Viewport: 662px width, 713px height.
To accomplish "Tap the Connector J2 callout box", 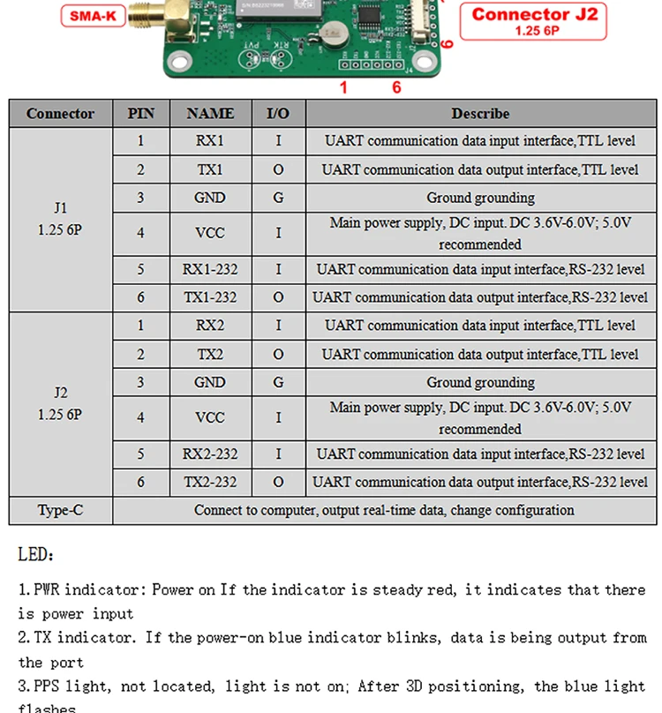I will coord(533,19).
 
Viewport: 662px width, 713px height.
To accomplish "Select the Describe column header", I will coord(480,114).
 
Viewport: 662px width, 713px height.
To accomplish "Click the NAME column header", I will coord(210,114).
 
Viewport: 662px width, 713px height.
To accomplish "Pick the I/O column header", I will coord(278,114).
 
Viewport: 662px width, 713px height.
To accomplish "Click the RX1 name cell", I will coord(210,140).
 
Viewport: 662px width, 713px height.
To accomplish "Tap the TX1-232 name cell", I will coord(210,297).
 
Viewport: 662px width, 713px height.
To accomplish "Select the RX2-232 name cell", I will coord(210,454).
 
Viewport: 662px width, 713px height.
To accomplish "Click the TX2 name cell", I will coord(210,354).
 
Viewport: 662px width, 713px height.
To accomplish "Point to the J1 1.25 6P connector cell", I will coord(60,219).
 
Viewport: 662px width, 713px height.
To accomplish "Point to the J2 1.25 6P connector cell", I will coord(60,404).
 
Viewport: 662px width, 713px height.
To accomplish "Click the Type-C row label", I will coord(60,510).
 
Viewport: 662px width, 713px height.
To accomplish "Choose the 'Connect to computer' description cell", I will coord(384,510).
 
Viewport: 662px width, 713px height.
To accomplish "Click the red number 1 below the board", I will coord(343,87).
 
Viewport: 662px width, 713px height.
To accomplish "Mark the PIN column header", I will coord(140,114).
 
